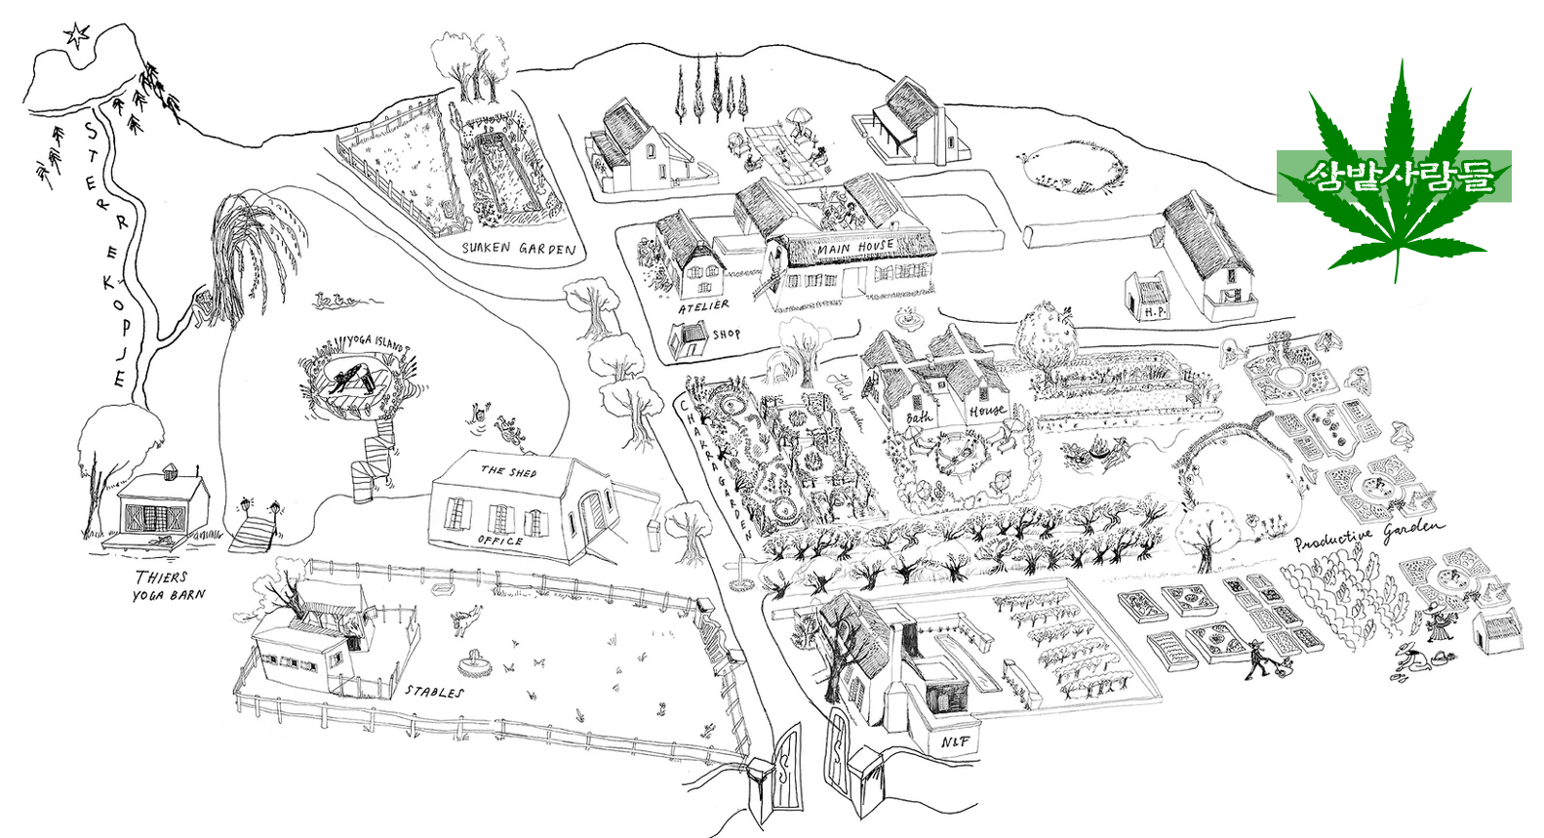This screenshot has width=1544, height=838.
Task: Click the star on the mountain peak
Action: [x=75, y=37]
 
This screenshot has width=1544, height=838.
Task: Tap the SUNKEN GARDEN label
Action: [x=518, y=249]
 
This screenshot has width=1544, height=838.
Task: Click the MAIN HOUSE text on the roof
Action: [x=854, y=248]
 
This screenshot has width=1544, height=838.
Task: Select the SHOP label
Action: [x=726, y=334]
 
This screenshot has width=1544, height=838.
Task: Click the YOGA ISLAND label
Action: [x=375, y=342]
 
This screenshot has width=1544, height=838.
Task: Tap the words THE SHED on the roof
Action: [x=508, y=471]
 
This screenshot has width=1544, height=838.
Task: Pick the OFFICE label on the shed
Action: [x=500, y=539]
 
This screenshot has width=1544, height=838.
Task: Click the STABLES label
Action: [x=434, y=692]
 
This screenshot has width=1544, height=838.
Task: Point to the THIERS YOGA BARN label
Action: [x=168, y=585]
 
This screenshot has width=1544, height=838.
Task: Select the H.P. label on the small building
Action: [x=1155, y=312]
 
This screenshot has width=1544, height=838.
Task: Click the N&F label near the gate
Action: [x=955, y=742]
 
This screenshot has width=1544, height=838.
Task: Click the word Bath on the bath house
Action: [x=919, y=418]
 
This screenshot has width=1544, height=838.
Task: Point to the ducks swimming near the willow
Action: [x=336, y=301]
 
